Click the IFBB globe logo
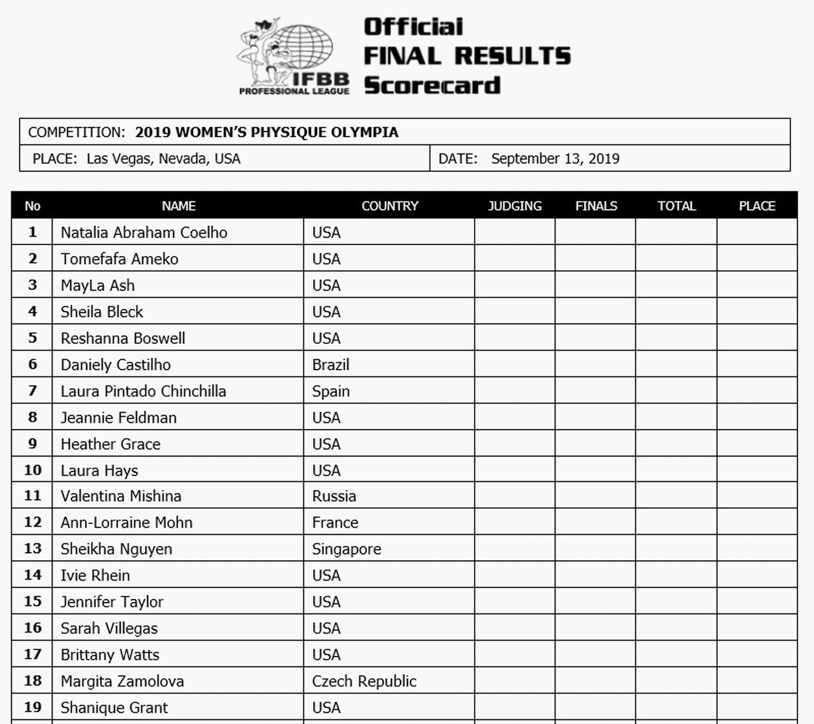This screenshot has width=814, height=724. pyautogui.click(x=293, y=54)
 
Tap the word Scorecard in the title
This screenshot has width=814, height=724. pyautogui.click(x=432, y=86)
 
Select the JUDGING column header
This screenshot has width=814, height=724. pyautogui.click(x=514, y=206)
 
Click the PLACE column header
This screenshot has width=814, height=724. pyautogui.click(x=757, y=206)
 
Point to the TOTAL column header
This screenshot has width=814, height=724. pyautogui.click(x=676, y=206)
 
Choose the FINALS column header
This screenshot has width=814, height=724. pyautogui.click(x=596, y=206)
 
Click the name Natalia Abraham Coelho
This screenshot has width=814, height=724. pyautogui.click(x=144, y=233)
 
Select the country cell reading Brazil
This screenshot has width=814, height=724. pyautogui.click(x=330, y=365)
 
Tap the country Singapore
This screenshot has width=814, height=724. pyautogui.click(x=346, y=549)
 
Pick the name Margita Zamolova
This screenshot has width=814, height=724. pyautogui.click(x=122, y=681)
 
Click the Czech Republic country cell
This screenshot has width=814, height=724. pyautogui.click(x=364, y=681)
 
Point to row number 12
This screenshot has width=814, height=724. pyautogui.click(x=33, y=522)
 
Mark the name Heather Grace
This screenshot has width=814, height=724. pyautogui.click(x=111, y=444)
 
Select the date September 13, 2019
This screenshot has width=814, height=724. pyautogui.click(x=555, y=159)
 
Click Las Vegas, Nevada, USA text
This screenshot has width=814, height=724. pyautogui.click(x=163, y=159)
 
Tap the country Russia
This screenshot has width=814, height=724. pyautogui.click(x=334, y=496)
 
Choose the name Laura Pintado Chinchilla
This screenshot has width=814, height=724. pyautogui.click(x=143, y=392)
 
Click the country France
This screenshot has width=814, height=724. pyautogui.click(x=335, y=523)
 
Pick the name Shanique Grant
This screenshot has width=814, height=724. pyautogui.click(x=114, y=708)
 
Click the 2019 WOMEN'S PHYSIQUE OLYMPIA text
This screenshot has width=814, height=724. pyautogui.click(x=266, y=132)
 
